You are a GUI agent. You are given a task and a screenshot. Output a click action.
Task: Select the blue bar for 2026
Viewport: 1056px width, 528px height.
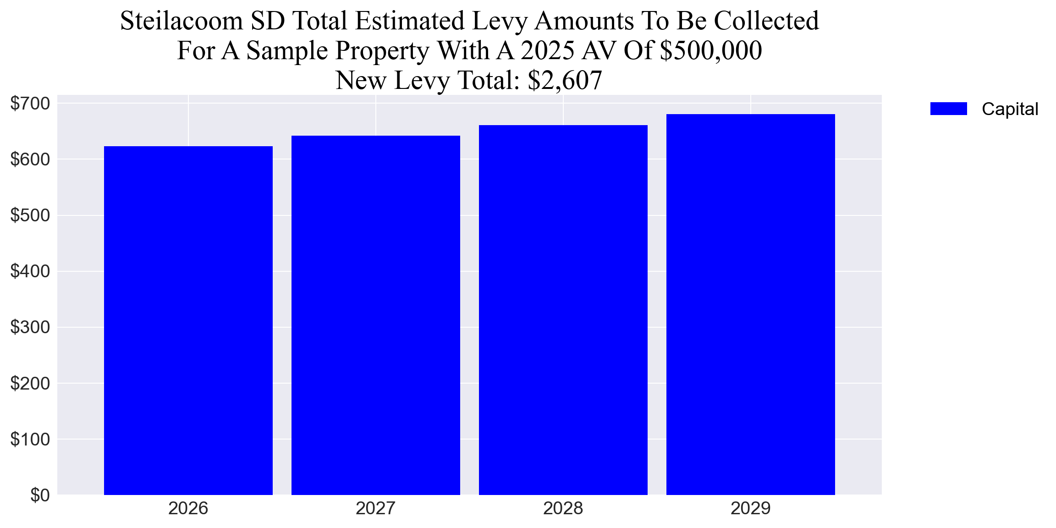188,321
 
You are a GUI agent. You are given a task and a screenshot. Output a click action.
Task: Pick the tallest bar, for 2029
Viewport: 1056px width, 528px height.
750,304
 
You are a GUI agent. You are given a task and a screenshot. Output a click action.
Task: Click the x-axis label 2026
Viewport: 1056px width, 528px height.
188,508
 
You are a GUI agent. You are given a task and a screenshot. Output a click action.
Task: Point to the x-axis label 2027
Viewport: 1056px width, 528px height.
375,508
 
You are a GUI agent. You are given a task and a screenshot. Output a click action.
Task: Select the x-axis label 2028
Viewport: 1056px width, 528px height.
563,508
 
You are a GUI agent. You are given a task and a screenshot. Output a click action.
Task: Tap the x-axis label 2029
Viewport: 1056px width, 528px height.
750,508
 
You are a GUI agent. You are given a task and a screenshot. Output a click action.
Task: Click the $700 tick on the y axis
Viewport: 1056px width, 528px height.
30,104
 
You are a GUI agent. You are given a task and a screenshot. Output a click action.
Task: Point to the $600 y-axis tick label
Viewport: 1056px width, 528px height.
30,159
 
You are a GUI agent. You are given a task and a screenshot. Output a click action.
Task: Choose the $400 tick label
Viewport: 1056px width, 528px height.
30,271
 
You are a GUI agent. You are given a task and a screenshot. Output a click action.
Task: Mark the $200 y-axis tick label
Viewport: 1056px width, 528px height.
30,383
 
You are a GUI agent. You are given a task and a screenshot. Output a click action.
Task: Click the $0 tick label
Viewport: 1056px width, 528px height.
40,495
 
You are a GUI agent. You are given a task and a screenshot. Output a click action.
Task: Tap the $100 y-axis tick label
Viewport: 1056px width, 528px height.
30,439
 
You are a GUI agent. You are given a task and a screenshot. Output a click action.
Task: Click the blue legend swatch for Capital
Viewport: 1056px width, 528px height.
948,109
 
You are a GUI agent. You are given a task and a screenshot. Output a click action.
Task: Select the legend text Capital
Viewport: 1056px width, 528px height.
1010,109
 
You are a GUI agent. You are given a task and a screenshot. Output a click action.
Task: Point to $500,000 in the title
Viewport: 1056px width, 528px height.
711,50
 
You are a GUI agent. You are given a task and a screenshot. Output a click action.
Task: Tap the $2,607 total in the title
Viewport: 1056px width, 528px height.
565,80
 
